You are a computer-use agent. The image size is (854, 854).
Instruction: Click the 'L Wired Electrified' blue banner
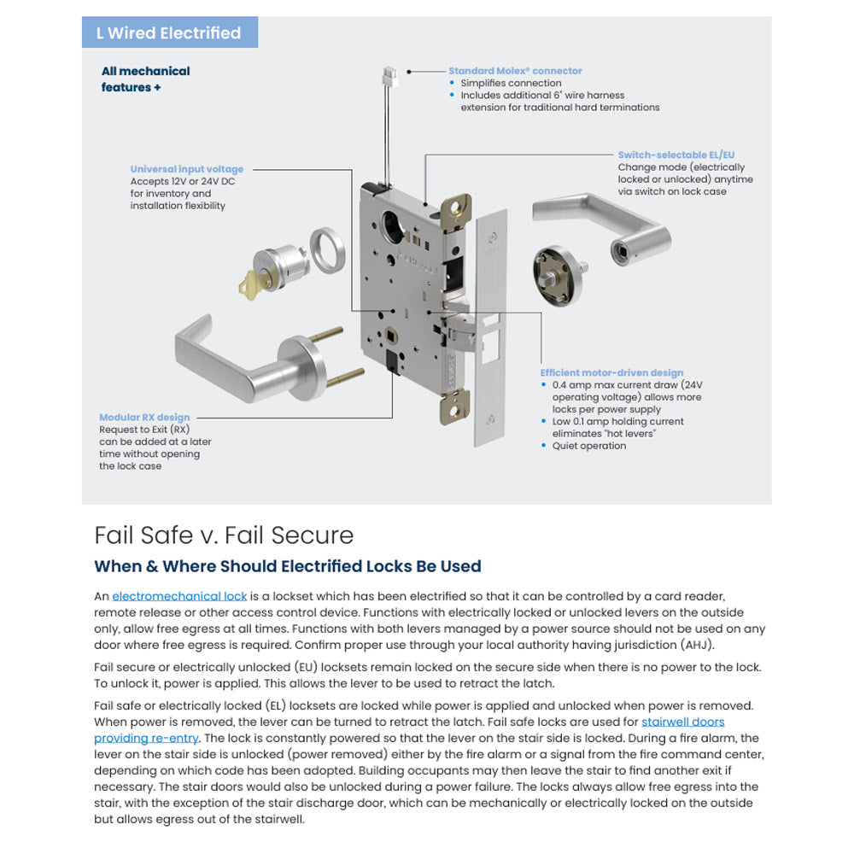(169, 33)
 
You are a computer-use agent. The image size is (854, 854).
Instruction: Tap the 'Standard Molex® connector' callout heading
(515, 71)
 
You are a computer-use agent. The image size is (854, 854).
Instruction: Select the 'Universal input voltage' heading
(186, 169)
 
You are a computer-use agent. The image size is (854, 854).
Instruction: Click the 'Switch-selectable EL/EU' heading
(676, 155)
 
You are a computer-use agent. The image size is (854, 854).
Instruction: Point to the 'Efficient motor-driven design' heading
(611, 372)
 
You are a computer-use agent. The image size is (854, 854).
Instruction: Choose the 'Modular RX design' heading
(144, 418)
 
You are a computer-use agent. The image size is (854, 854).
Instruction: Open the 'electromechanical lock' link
(179, 596)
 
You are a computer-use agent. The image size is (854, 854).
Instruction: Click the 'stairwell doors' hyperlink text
(682, 722)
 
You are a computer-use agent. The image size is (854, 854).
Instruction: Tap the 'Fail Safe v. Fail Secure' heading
(223, 535)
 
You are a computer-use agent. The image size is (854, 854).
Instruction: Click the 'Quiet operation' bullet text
(590, 446)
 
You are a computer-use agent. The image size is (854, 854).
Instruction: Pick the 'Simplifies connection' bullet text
(511, 83)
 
